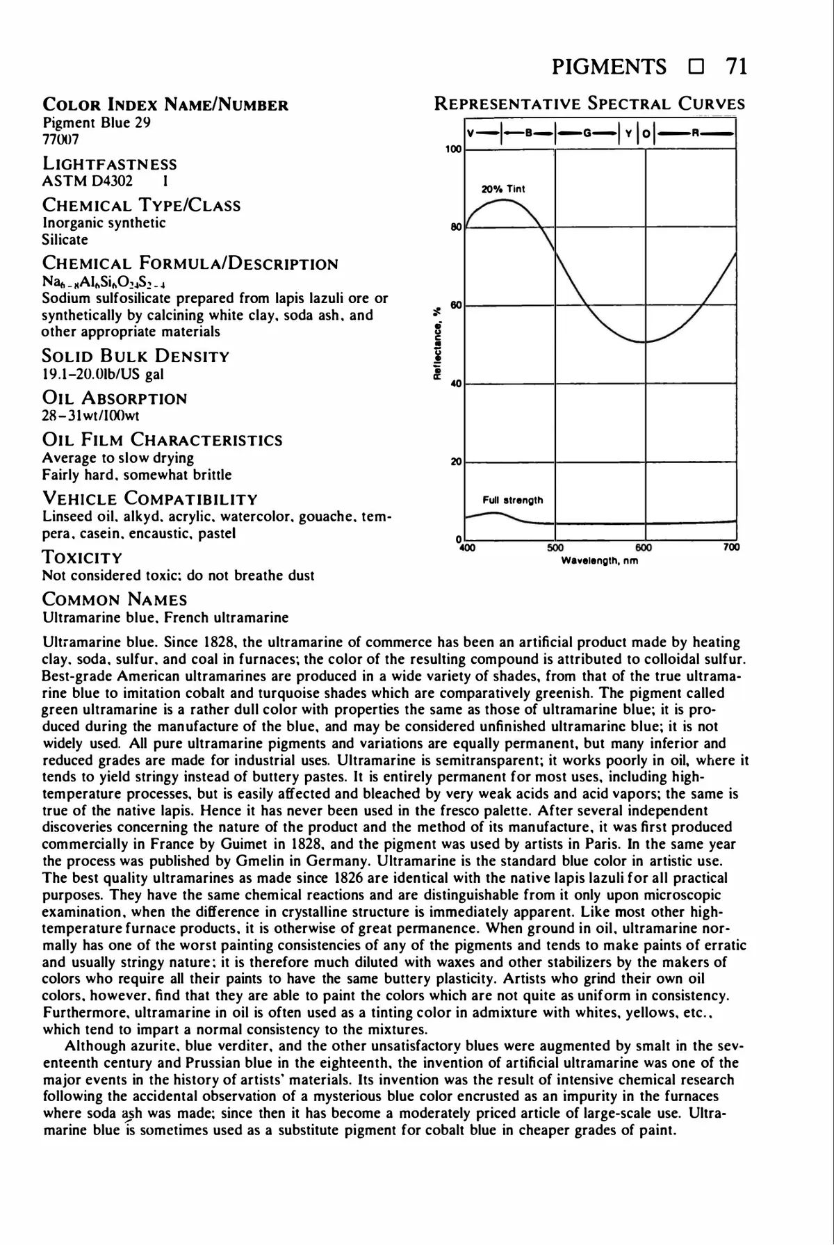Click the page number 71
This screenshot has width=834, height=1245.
pos(735,67)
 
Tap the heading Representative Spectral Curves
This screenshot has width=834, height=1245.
pos(589,104)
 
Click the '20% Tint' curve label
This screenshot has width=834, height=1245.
pos(503,189)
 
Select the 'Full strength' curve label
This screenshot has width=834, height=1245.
pos(513,500)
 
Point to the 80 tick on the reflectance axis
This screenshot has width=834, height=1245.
pos(456,227)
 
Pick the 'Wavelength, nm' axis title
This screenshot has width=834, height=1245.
pos(599,560)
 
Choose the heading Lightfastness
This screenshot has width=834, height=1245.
pos(110,164)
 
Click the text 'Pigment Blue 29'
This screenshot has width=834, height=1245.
pos(97,123)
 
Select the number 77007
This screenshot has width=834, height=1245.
pos(61,139)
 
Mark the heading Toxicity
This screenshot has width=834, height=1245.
pos(82,558)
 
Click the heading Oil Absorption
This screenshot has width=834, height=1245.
pos(115,398)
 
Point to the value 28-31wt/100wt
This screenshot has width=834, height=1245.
pos(91,416)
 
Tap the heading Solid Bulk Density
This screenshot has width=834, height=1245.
pos(136,357)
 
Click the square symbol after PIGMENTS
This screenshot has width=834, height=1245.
pos(695,68)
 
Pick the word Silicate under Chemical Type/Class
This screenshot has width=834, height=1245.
pos(65,240)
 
